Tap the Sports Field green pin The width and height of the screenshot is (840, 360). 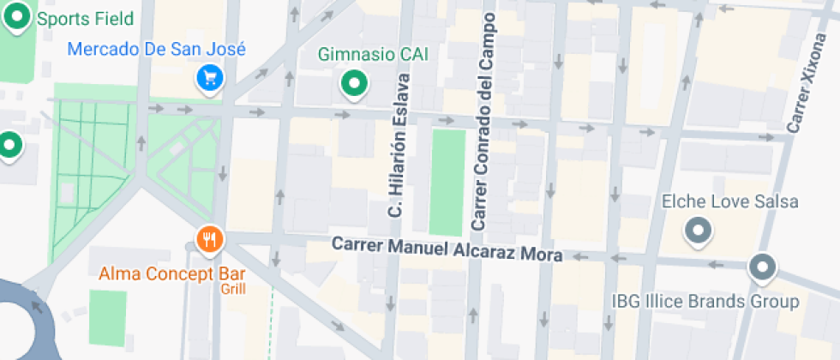(x=19, y=16)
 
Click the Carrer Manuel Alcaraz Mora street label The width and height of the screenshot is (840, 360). (x=447, y=249)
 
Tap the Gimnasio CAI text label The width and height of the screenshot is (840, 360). (x=373, y=55)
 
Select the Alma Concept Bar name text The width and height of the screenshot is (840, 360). (x=172, y=275)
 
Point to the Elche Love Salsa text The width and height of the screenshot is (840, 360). (x=730, y=202)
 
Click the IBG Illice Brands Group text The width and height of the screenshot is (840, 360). (x=705, y=302)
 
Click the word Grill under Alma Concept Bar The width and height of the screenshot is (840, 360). (x=233, y=290)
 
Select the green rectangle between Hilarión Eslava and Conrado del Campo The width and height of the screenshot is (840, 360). (x=447, y=183)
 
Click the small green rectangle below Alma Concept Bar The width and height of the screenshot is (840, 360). (x=107, y=317)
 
